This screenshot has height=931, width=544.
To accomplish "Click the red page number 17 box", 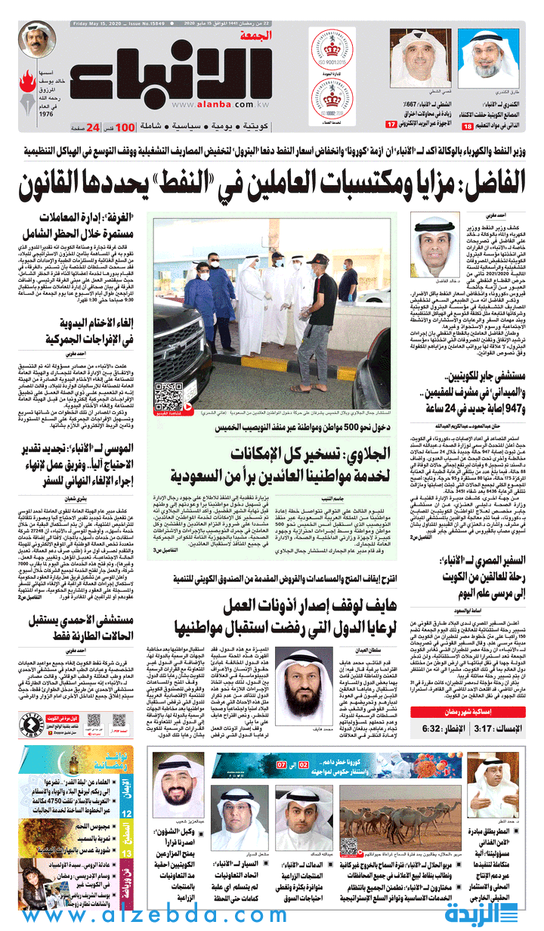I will click(391, 124).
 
